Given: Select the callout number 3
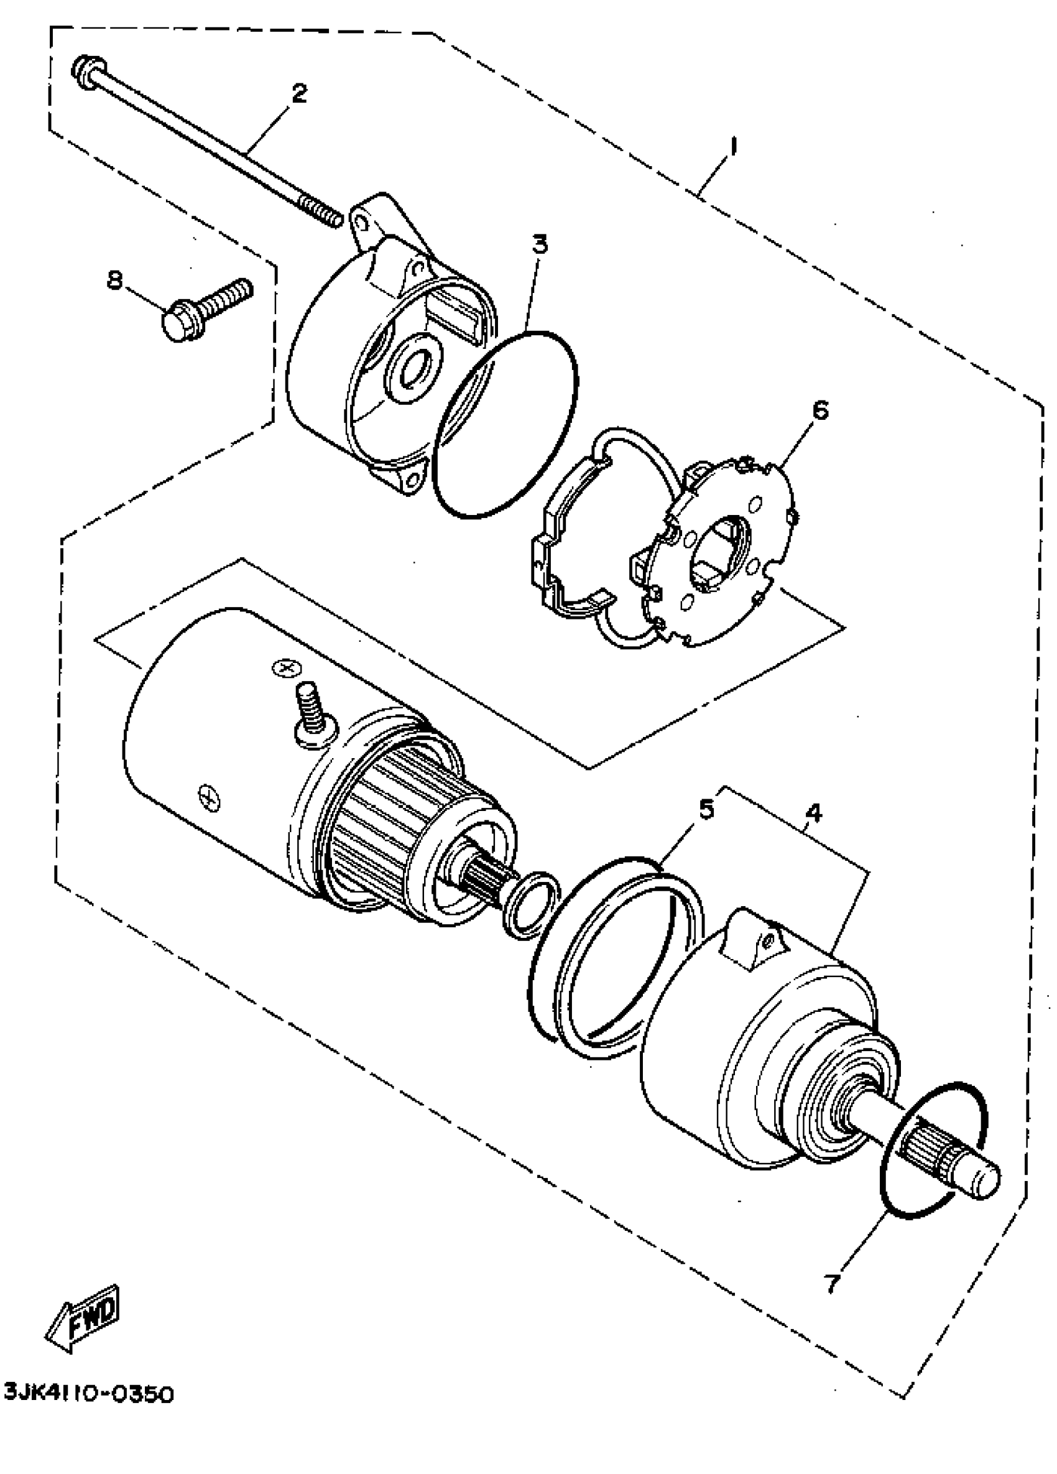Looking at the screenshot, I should [539, 245].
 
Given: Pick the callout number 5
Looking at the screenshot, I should [706, 809].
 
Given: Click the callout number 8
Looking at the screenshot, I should [114, 280].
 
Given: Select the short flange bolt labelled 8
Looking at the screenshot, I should [201, 309].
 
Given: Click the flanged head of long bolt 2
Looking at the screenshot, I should [86, 70].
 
